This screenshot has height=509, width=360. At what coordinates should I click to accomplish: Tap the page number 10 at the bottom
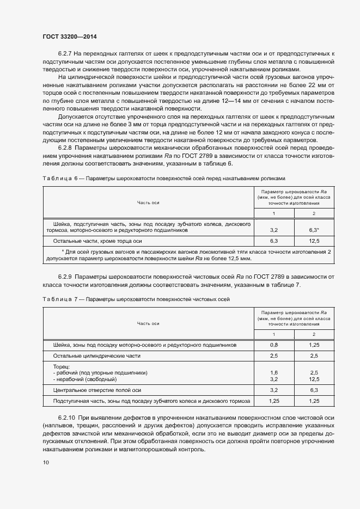pos(45,463)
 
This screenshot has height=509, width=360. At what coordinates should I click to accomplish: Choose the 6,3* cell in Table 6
pos(314,230)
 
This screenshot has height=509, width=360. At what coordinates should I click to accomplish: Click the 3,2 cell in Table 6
pos(274,230)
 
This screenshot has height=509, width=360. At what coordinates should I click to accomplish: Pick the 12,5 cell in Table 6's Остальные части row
pos(314,240)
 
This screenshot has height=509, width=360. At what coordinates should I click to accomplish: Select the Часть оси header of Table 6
pos(148,202)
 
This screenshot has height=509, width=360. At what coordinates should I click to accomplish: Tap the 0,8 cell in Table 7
pos(274,345)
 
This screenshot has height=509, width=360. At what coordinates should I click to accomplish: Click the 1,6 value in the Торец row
pos(274,372)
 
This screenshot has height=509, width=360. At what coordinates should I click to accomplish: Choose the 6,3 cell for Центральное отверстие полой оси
pos(314,390)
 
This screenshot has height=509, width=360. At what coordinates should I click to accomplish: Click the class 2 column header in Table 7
pos(314,334)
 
